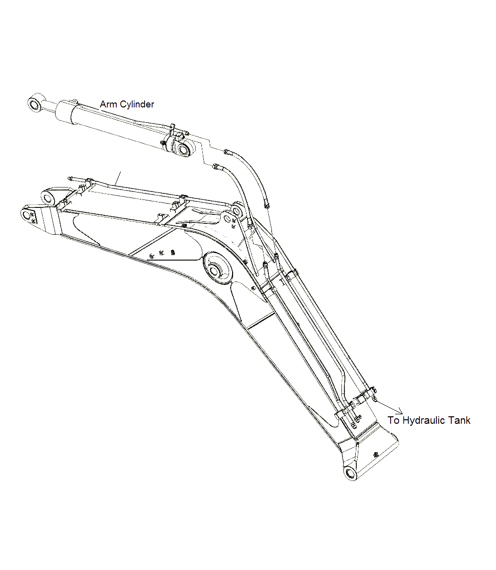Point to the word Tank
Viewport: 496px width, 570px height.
(x=459, y=421)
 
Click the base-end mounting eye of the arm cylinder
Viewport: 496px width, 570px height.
(x=184, y=149)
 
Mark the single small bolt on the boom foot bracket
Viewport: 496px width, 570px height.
(x=376, y=454)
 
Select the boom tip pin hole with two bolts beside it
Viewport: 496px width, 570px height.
(x=27, y=214)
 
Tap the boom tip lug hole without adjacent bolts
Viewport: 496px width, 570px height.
(x=48, y=198)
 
